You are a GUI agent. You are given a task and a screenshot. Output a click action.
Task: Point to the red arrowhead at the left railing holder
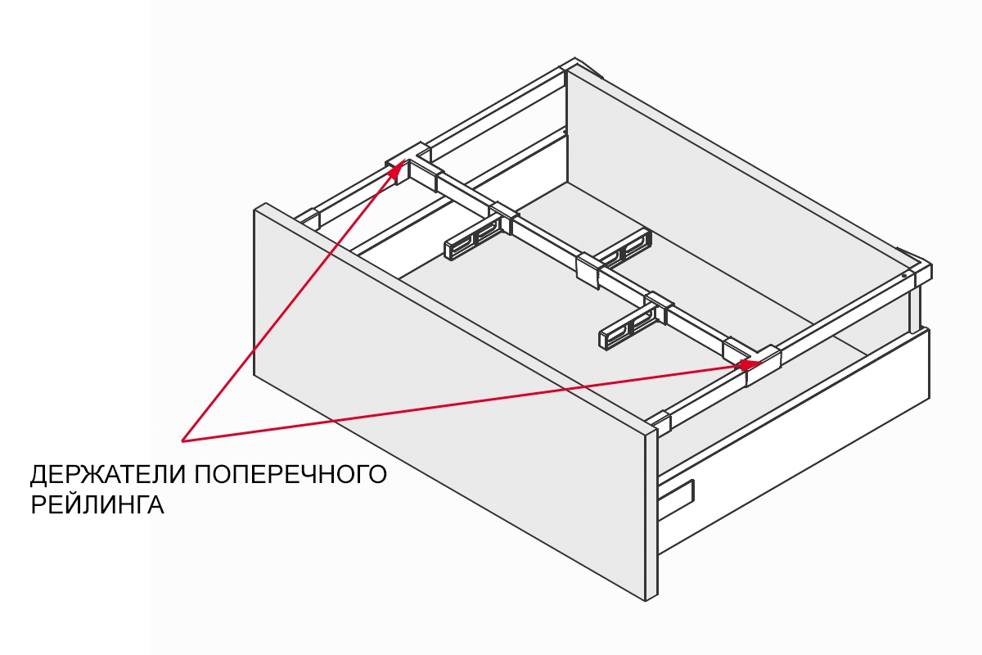(400, 167)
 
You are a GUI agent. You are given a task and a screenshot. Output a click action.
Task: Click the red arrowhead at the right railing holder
(748, 363)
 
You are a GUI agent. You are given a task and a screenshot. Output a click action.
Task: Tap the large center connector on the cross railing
(588, 271)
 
